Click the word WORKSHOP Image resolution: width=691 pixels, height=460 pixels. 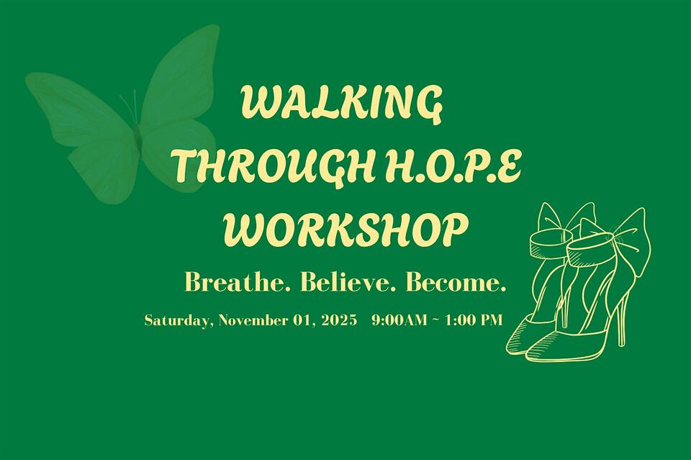point(345,230)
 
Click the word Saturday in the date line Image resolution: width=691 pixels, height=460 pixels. point(177,320)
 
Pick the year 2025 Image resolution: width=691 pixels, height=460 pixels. point(340,320)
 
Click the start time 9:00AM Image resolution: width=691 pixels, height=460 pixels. point(399,320)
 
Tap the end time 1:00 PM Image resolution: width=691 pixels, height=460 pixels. point(474,320)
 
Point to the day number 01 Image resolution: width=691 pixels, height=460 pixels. point(302,320)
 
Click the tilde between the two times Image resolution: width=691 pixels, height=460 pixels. point(436,320)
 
